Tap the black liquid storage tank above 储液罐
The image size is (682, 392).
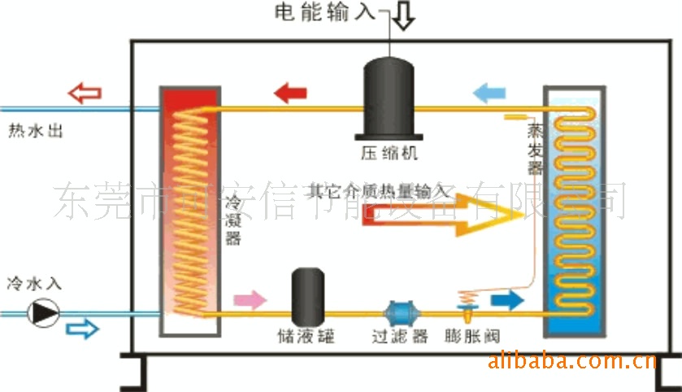[309, 296]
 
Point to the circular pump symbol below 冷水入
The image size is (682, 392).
[43, 312]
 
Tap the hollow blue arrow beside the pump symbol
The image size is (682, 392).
[81, 329]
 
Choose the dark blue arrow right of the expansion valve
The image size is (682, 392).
[506, 300]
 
